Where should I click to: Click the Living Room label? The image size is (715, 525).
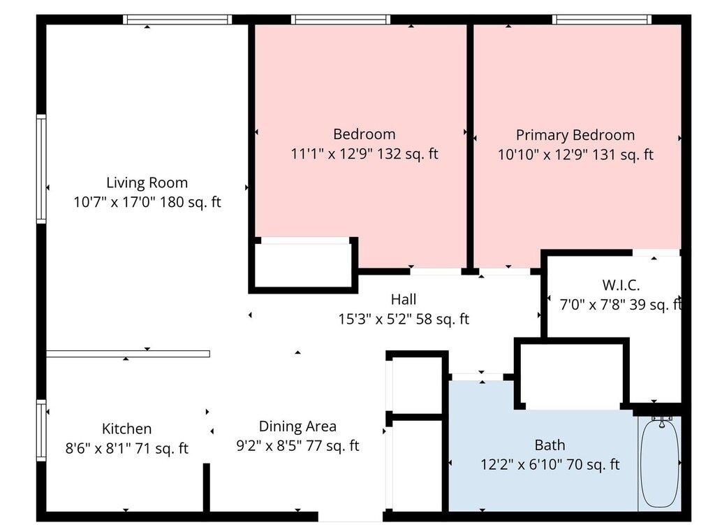[x=147, y=182]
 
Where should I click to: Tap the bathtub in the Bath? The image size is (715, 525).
[x=660, y=463]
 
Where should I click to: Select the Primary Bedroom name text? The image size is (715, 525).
[x=575, y=135]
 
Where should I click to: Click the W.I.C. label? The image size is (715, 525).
[x=621, y=285]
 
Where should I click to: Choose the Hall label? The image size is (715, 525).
[x=404, y=299]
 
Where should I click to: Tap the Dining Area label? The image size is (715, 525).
[x=297, y=426]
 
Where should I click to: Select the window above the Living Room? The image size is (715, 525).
[x=177, y=20]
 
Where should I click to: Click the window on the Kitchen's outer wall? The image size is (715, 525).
[x=41, y=431]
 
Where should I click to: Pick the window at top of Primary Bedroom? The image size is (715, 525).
[x=602, y=20]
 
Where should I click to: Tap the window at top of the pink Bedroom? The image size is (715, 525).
[x=341, y=20]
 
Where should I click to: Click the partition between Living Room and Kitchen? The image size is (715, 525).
[x=128, y=354]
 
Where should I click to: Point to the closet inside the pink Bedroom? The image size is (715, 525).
[x=303, y=266]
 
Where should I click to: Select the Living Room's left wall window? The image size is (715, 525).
[x=41, y=169]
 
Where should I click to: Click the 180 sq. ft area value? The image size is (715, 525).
[x=191, y=202]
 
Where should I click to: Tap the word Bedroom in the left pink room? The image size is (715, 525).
[x=364, y=134]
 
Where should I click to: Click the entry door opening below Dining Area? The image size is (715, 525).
[x=351, y=517]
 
